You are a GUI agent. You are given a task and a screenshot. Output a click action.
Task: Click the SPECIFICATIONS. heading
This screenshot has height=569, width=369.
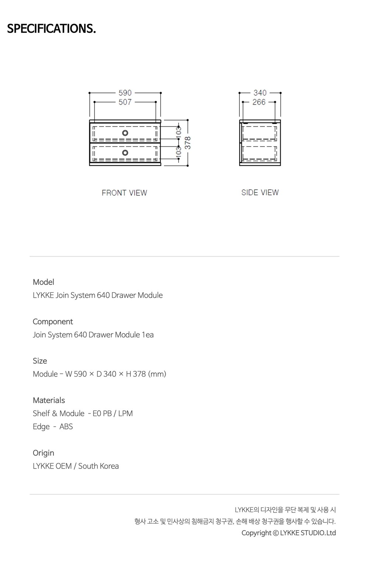[x=51, y=28]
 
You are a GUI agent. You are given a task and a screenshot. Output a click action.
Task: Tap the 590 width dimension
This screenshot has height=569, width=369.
[x=125, y=93]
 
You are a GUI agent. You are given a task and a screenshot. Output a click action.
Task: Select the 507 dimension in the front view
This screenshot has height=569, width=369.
[x=125, y=102]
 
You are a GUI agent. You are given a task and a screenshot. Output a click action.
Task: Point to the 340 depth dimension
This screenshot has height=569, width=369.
[x=260, y=93]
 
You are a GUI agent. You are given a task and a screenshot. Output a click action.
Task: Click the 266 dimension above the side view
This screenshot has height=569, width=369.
[x=259, y=102]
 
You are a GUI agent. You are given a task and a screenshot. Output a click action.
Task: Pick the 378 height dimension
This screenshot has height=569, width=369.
[x=188, y=143]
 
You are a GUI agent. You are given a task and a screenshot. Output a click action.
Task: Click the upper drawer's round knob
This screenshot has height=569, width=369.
[x=125, y=133]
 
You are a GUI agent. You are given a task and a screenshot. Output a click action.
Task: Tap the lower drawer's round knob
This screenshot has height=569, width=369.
[x=125, y=153]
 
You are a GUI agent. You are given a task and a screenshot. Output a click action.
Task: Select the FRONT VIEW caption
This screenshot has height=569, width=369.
[x=124, y=193]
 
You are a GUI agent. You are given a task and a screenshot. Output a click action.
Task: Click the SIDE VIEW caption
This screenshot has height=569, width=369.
[x=260, y=192]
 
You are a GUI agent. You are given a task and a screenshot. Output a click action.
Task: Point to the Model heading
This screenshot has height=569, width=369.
[x=44, y=282]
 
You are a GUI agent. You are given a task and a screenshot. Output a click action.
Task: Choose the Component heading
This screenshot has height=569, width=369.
[x=53, y=322]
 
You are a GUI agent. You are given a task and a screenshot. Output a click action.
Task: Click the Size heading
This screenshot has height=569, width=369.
[x=40, y=361]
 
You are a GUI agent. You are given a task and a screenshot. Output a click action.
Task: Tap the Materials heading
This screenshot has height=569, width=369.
[x=49, y=401]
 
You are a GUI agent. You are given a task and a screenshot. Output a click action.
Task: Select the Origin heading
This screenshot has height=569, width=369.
[x=44, y=453]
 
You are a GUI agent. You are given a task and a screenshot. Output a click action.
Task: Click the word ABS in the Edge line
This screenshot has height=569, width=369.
[x=66, y=427]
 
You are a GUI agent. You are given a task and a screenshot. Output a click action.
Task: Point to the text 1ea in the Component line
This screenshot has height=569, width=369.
[x=148, y=335]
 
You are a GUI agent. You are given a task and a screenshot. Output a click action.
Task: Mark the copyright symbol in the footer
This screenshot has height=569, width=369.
[x=276, y=533]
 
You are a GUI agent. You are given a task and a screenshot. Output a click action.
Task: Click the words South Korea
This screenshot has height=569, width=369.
[x=99, y=466]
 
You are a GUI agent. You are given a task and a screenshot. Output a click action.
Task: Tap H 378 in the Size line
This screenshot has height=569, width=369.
[x=136, y=374]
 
